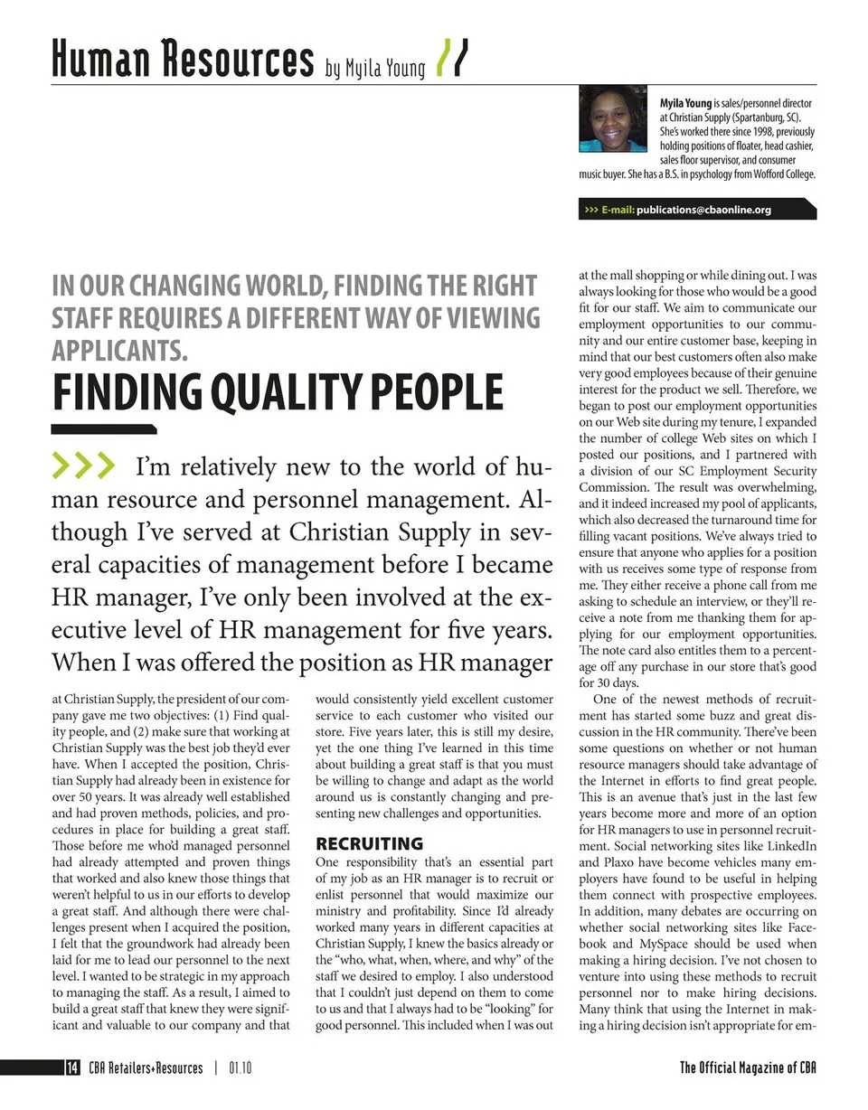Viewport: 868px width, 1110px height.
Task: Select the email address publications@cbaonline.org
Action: (703, 210)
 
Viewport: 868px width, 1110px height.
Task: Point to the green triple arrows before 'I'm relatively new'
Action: (85, 466)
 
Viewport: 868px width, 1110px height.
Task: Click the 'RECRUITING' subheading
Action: (369, 843)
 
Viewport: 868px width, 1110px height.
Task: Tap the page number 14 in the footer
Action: (71, 1068)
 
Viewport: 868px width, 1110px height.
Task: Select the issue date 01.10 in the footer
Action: (240, 1068)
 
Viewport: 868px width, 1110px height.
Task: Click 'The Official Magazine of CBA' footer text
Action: (748, 1068)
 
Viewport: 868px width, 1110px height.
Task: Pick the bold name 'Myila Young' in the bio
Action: (685, 104)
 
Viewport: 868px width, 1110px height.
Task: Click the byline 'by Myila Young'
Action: (375, 69)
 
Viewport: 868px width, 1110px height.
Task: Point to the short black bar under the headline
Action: (104, 429)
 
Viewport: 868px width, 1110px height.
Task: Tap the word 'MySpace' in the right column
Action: (665, 944)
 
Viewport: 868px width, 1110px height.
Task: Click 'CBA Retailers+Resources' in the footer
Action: (146, 1068)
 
